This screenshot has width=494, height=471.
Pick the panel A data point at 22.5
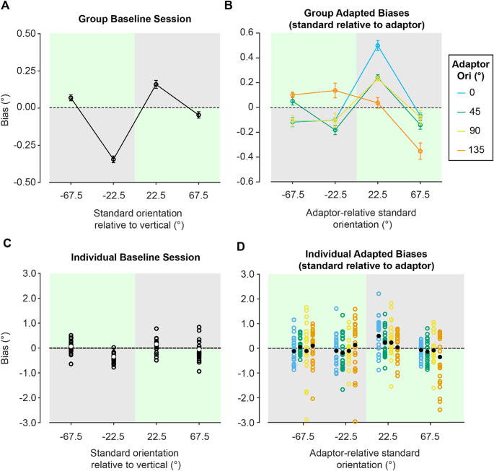pos(156,84)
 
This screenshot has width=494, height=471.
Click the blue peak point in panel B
pos(376,45)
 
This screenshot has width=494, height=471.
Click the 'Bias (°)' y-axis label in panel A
pos(9,107)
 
